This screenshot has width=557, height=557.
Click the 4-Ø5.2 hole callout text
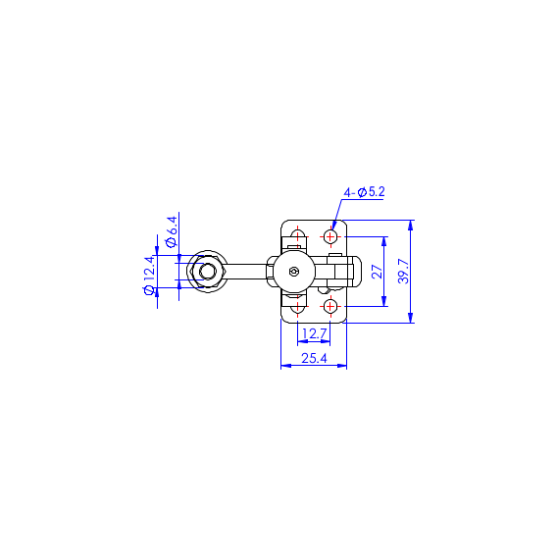[364, 192]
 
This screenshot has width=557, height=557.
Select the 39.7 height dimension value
[404, 271]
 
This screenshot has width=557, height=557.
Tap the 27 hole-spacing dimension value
[378, 272]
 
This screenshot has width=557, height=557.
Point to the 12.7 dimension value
[314, 334]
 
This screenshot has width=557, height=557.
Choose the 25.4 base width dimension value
[314, 358]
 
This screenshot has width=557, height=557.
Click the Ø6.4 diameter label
[172, 231]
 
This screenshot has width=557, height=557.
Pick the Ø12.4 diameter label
[150, 276]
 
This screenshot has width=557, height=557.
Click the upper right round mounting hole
[330, 236]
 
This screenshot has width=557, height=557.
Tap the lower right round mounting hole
[330, 306]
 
